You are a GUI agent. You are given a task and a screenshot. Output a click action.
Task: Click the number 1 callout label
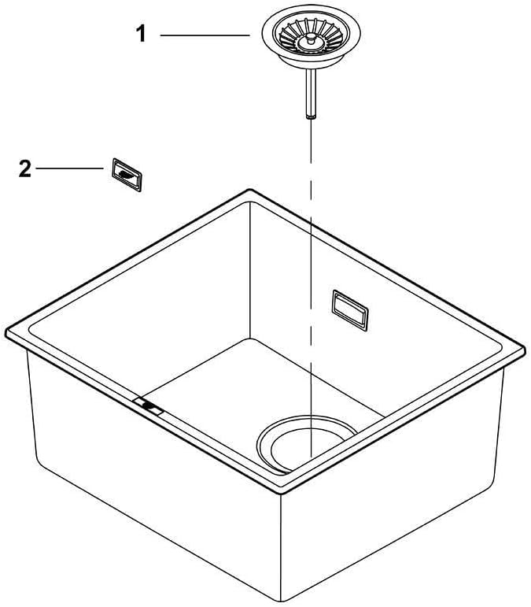(142, 35)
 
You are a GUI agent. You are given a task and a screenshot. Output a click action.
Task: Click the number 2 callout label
(25, 169)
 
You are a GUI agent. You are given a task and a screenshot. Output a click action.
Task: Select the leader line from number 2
(69, 169)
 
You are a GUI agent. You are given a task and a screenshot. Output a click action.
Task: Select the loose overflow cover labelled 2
(126, 175)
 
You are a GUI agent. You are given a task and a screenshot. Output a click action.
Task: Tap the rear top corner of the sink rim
(250, 191)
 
